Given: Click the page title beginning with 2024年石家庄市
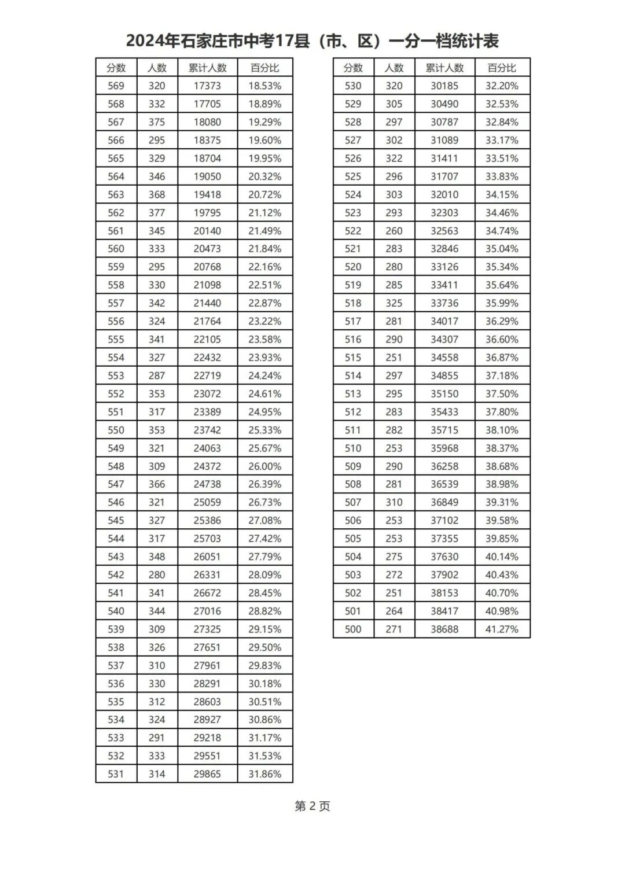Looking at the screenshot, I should pyautogui.click(x=312, y=41).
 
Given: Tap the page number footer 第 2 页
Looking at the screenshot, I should pyautogui.click(x=312, y=806).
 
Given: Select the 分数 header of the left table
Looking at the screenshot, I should pyautogui.click(x=116, y=68).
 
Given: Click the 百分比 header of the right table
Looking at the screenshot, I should pyautogui.click(x=502, y=68).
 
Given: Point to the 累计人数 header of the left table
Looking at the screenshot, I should pyautogui.click(x=207, y=68).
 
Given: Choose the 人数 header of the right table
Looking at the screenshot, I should pyautogui.click(x=394, y=68).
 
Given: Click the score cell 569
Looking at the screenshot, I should pyautogui.click(x=116, y=86).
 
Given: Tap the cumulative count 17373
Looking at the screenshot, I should pyautogui.click(x=207, y=86).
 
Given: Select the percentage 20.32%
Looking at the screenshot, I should pyautogui.click(x=264, y=176).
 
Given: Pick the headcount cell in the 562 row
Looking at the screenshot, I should pyautogui.click(x=157, y=212).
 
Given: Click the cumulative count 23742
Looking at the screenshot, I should pyautogui.click(x=207, y=430).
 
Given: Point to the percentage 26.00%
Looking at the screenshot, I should pyautogui.click(x=264, y=466).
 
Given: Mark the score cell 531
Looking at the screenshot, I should pyautogui.click(x=116, y=774).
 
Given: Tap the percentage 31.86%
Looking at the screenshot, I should pyautogui.click(x=264, y=774).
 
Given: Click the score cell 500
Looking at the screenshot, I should pyautogui.click(x=353, y=629).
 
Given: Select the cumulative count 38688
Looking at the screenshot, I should pyautogui.click(x=444, y=629).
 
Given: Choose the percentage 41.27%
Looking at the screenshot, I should pyautogui.click(x=502, y=629).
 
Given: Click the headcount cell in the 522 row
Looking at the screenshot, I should pyautogui.click(x=394, y=231).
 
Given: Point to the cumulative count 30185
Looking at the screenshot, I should pyautogui.click(x=444, y=86).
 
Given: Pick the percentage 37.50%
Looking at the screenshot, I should pyautogui.click(x=502, y=393).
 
